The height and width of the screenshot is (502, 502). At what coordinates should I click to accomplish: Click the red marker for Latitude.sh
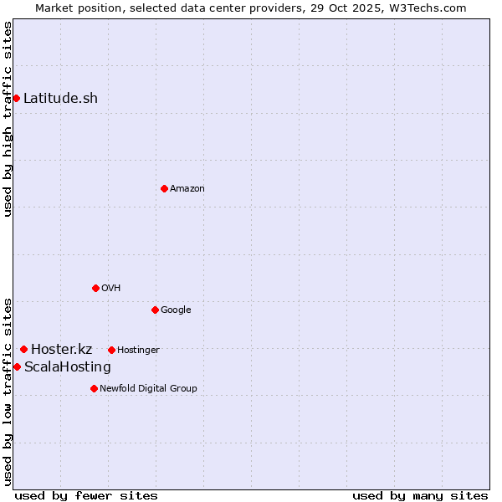[16, 98]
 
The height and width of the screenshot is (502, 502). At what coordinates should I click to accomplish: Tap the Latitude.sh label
[60, 98]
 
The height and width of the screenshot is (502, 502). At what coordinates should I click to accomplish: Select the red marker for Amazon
[164, 188]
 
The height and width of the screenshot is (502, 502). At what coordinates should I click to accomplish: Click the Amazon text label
[187, 188]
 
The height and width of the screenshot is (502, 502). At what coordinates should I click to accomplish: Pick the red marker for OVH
[95, 288]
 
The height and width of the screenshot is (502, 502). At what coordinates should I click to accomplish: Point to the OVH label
[110, 288]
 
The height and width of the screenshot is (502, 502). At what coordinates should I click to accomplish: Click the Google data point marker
[155, 310]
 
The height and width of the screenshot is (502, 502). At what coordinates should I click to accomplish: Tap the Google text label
[176, 310]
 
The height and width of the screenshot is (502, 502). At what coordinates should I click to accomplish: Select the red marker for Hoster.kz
[23, 349]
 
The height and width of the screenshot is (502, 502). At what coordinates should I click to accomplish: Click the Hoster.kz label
[61, 349]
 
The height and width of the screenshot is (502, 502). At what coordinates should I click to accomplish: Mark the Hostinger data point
[111, 350]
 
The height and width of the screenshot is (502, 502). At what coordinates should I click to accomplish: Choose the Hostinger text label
[138, 350]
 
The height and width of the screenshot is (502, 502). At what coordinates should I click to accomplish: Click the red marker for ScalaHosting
[17, 366]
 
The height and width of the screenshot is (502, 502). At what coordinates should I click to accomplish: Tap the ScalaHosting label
[67, 366]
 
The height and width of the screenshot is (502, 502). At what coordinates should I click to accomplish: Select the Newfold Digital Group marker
[94, 388]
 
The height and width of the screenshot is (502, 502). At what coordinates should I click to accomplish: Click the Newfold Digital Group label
[148, 388]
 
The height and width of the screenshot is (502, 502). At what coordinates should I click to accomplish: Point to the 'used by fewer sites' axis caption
[86, 495]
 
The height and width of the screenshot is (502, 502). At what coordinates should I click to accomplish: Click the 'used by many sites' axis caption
[420, 495]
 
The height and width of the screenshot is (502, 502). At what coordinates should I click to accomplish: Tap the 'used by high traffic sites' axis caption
[8, 119]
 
